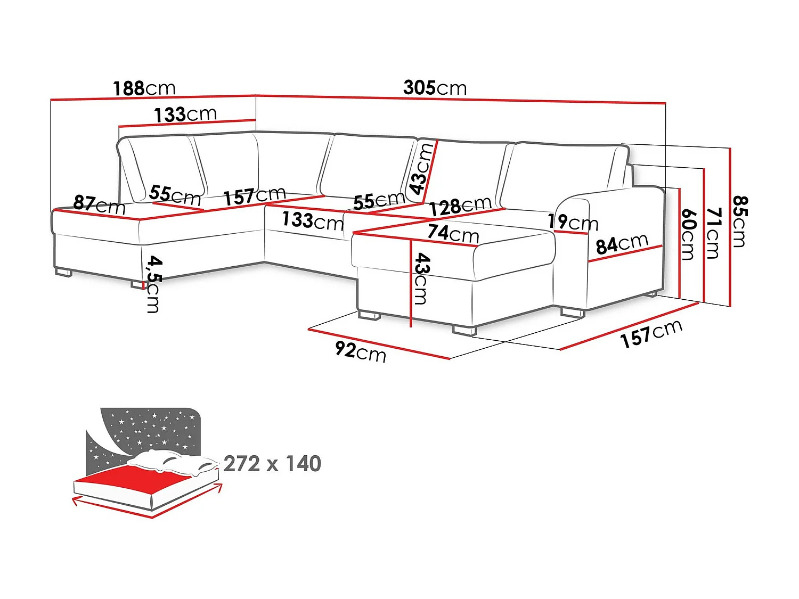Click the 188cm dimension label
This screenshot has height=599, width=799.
click(144, 88)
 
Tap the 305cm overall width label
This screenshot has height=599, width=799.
click(435, 87)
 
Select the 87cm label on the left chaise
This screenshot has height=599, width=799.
click(99, 204)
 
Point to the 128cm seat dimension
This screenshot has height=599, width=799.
click(460, 206)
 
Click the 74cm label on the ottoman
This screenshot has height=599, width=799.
click(453, 233)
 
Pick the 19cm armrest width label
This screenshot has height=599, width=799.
click(573, 222)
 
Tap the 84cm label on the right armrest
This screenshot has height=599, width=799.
click(622, 244)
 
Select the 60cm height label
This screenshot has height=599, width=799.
click(688, 234)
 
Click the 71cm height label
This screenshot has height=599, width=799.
click(713, 233)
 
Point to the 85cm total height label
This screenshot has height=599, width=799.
click(739, 221)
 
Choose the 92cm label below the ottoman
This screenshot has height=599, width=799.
click(360, 351)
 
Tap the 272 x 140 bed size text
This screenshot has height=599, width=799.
click(272, 464)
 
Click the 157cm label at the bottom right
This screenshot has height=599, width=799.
click(651, 334)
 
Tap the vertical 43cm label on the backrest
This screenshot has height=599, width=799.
click(421, 169)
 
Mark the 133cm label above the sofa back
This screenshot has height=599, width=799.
click(185, 114)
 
